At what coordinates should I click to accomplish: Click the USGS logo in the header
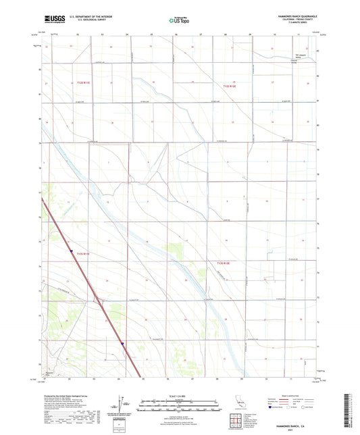pos(53,21)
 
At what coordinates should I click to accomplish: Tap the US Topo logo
pos(179,21)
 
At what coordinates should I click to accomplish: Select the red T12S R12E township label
pos(230,86)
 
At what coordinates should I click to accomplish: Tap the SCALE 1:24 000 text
pos(180,396)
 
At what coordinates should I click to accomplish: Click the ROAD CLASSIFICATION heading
pos(292,395)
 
